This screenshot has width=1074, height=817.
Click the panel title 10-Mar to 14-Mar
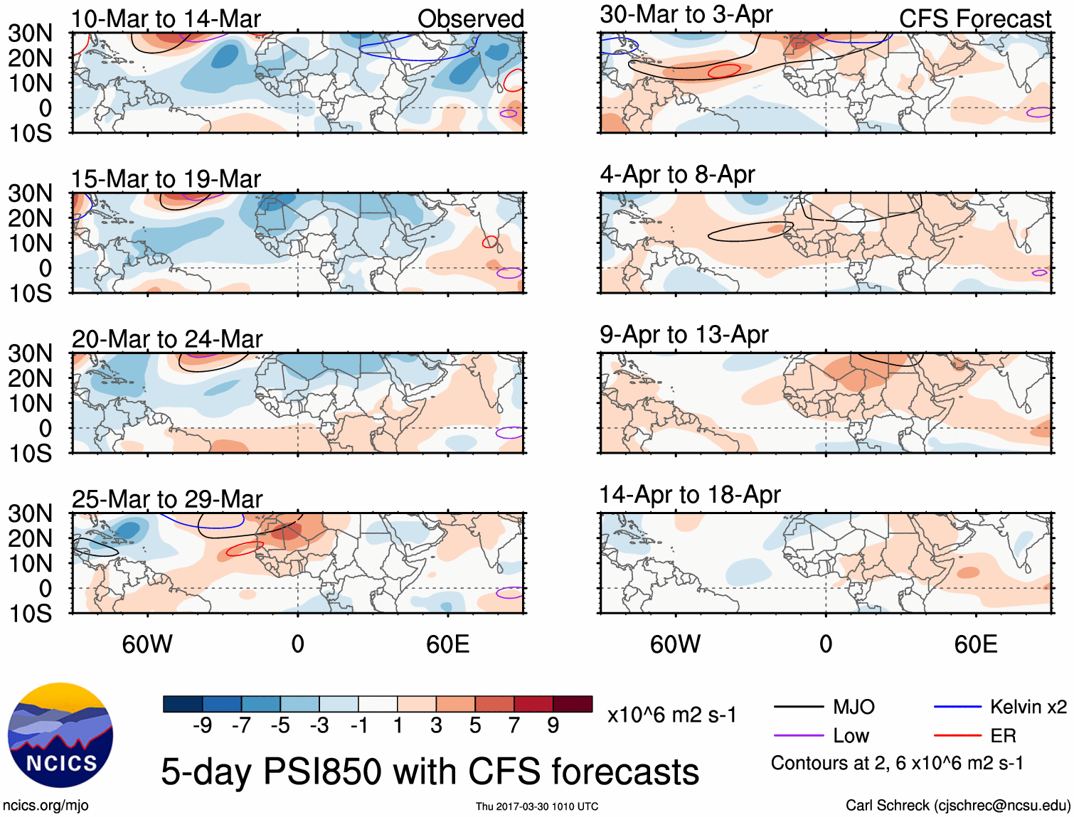pos(166,19)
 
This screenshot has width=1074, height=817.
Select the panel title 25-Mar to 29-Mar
pos(167,499)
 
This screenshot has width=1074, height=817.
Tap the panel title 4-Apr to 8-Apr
pos(677,174)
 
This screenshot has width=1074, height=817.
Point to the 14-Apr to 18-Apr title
pos(690,494)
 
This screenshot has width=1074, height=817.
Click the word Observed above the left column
pos(470,19)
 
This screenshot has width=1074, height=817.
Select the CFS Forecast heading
pos(974,19)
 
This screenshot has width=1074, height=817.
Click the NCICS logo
pos(60,735)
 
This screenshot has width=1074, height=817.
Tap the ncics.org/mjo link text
pos(46,806)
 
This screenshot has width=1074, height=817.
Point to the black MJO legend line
pos(798,707)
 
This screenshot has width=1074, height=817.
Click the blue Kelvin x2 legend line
pos(957,707)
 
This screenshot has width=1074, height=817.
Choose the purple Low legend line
pos(798,736)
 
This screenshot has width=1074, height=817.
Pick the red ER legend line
pos(957,736)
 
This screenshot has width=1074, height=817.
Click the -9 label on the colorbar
pos(203,725)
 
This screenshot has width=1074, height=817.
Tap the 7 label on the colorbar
pos(514,725)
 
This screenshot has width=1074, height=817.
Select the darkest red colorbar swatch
pos(573,704)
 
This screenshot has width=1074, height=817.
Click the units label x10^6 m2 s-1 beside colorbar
pos(672,715)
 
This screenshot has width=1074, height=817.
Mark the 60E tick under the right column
pos(976,644)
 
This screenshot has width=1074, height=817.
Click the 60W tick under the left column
pos(147,644)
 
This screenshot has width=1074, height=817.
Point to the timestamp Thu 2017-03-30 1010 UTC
pos(537,806)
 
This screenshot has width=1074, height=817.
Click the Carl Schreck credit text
pos(957,806)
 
